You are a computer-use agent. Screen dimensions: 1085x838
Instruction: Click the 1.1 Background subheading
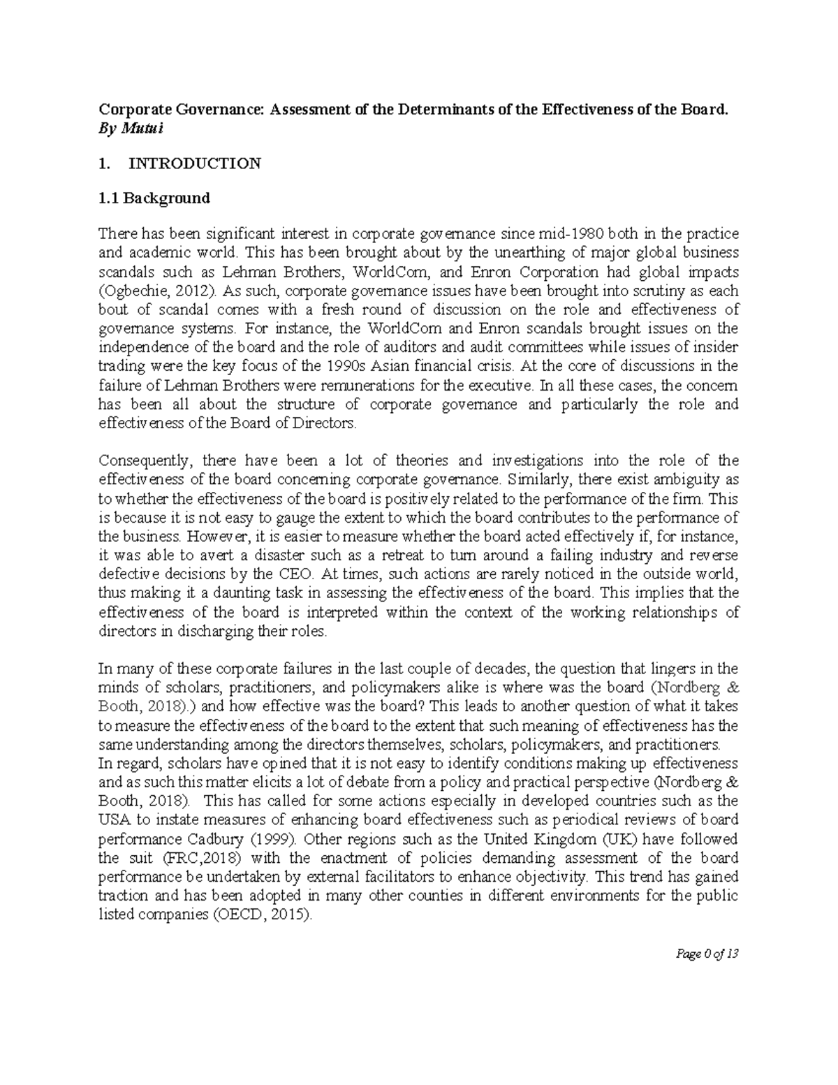(154, 198)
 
